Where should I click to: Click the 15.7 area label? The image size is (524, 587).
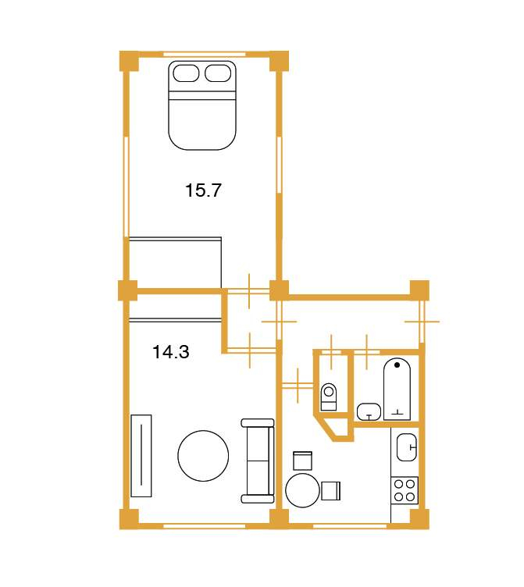click(203, 190)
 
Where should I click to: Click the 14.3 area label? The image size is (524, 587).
click(171, 352)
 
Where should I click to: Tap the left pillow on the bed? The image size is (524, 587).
click(186, 73)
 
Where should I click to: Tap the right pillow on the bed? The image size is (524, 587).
click(218, 73)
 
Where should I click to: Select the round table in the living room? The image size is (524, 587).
click(203, 456)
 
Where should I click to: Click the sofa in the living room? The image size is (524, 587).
click(258, 461)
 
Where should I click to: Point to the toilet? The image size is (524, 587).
click(329, 397)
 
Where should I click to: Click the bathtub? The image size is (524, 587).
click(397, 390)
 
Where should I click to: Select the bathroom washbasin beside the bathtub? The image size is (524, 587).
click(369, 412)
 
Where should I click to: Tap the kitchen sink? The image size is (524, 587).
click(407, 447)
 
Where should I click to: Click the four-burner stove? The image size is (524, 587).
click(405, 490)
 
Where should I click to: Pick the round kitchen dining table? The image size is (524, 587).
click(303, 490)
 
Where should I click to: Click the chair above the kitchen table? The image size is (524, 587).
click(303, 461)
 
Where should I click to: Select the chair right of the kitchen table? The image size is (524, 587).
click(331, 491)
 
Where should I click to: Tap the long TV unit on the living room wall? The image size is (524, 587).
click(141, 456)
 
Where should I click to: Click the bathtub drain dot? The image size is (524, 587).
click(397, 365)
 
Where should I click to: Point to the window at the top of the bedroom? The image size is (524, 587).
click(205, 55)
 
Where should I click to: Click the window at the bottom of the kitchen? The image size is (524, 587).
click(349, 526)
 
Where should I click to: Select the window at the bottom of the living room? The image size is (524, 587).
click(205, 526)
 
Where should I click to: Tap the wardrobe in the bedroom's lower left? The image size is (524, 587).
click(175, 263)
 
